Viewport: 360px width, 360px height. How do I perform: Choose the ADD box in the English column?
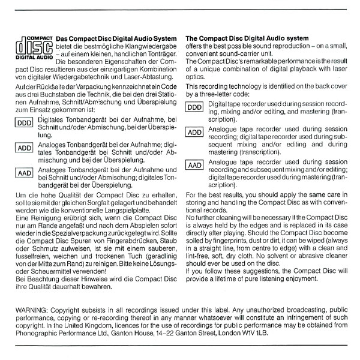click(x=196, y=133)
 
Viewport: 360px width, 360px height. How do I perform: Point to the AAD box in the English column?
click(x=196, y=165)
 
